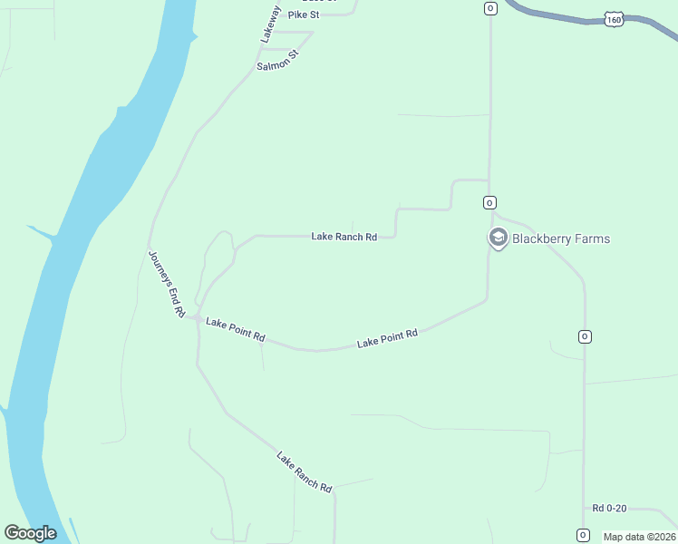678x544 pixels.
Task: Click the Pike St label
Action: (305, 15)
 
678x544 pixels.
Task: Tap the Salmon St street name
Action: (277, 61)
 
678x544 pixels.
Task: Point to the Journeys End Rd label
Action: (166, 283)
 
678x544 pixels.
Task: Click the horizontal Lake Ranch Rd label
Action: (344, 237)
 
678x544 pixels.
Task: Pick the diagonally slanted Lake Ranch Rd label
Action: (305, 471)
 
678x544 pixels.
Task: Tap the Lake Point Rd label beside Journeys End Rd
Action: (235, 329)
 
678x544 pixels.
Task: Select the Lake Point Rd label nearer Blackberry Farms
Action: (387, 338)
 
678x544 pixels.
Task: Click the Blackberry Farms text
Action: (561, 239)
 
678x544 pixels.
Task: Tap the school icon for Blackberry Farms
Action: (497, 238)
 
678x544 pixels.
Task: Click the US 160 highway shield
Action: (615, 19)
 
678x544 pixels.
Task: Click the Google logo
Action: (30, 533)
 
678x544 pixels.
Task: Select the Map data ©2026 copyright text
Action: (639, 537)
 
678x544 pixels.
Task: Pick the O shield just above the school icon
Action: (489, 202)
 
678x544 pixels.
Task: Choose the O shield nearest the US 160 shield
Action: (490, 8)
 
